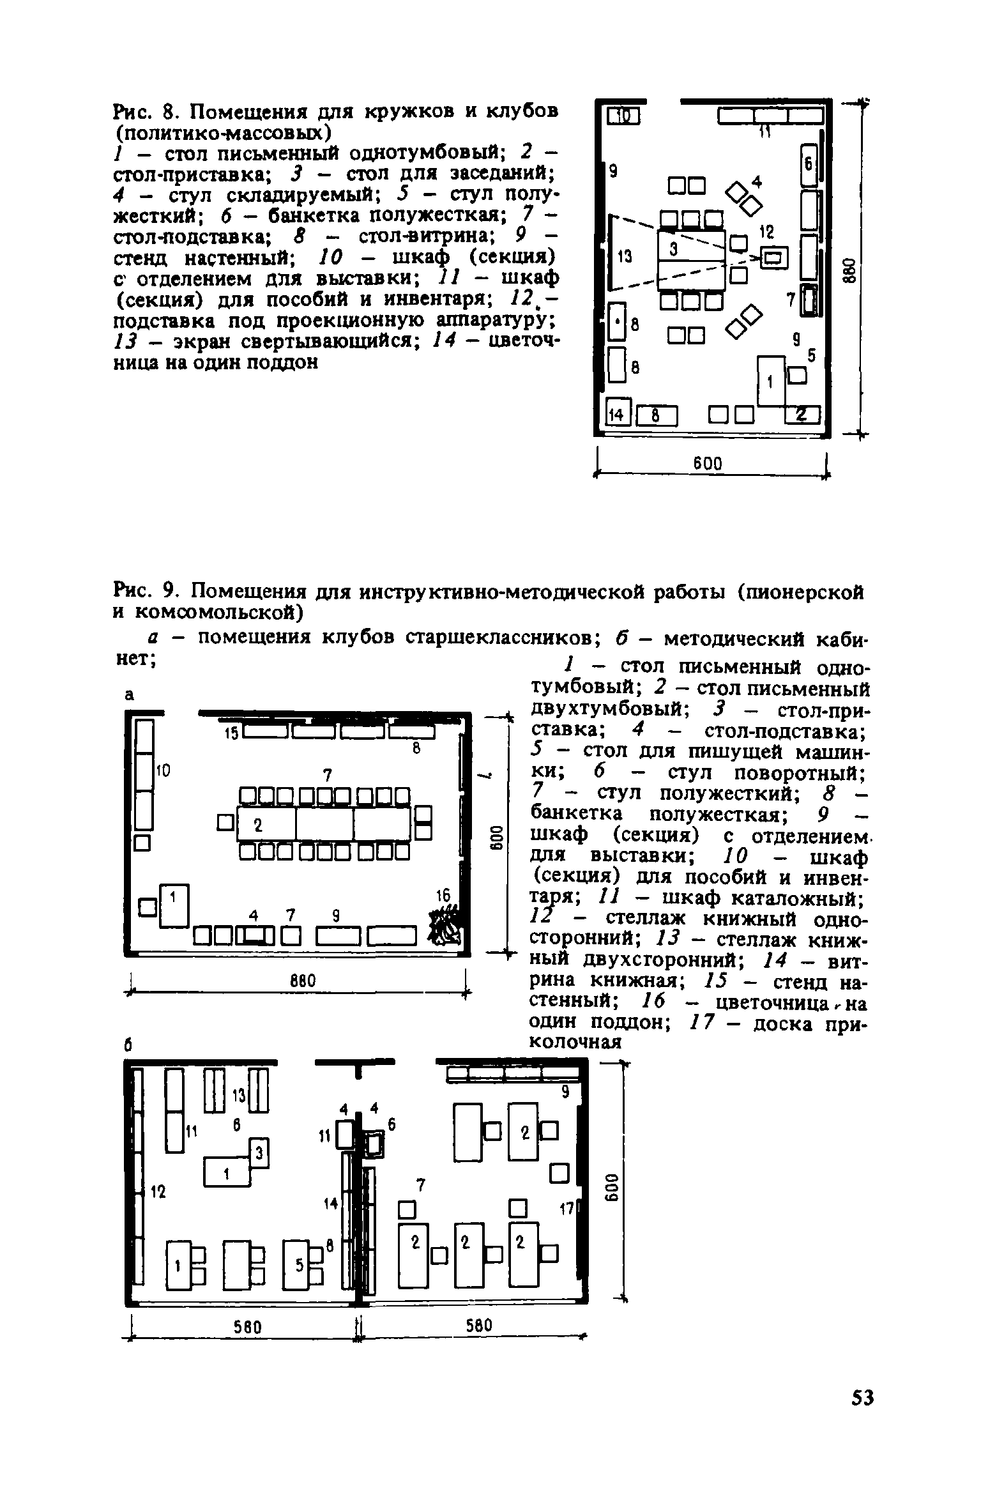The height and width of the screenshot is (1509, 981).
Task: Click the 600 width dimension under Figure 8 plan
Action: [708, 463]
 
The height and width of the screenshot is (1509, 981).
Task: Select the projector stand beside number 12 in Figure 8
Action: [774, 257]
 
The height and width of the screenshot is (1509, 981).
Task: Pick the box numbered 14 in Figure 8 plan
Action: [618, 415]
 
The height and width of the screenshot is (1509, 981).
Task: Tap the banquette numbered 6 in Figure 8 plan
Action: [809, 164]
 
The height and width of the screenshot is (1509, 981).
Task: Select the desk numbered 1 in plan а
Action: [174, 905]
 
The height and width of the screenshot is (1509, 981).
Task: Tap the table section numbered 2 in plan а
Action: [266, 825]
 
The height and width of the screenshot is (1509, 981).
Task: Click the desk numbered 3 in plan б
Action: [259, 1151]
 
